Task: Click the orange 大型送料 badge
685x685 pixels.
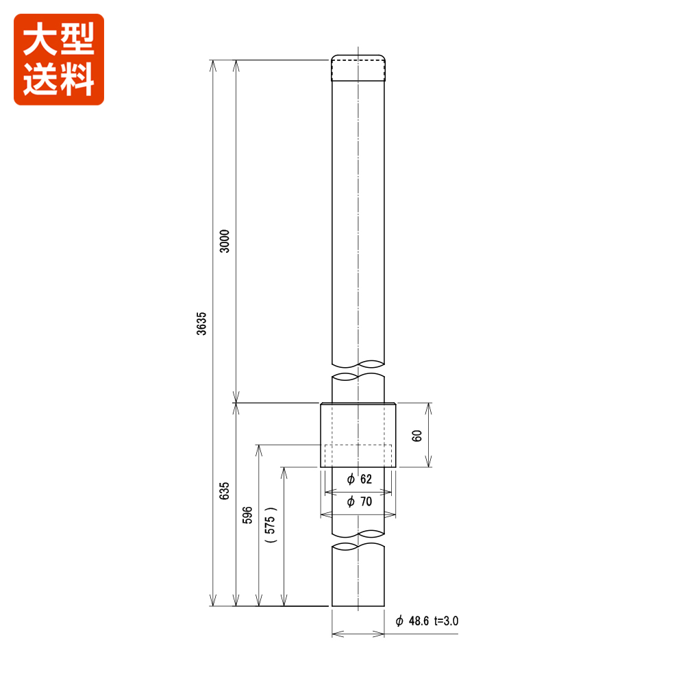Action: [x=59, y=60]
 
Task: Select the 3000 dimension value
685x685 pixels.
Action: [x=225, y=240]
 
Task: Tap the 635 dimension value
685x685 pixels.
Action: [x=225, y=491]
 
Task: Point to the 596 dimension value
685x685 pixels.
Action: [x=248, y=516]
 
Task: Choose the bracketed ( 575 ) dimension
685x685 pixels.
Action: [x=271, y=525]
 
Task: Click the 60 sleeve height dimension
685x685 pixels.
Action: [x=417, y=436]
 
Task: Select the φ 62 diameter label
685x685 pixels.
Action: [x=359, y=479]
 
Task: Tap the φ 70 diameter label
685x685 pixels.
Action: [x=359, y=502]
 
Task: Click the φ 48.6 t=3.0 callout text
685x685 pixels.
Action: [x=426, y=621]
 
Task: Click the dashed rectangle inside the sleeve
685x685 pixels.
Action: [x=358, y=455]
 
